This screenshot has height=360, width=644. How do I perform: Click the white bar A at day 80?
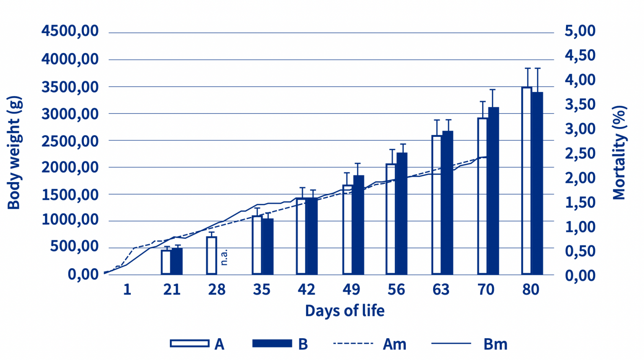[x=527, y=180]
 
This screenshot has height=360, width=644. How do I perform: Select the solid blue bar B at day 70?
[x=493, y=191]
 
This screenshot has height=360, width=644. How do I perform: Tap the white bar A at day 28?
[x=212, y=256]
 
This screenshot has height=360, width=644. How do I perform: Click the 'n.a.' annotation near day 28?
[x=224, y=257]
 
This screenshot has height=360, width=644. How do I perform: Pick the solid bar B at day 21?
[x=177, y=261]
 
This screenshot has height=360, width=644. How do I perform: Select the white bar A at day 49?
[x=347, y=230]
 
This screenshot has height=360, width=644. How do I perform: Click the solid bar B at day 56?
[x=402, y=214]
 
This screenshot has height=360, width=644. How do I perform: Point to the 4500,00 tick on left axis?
[x=70, y=31]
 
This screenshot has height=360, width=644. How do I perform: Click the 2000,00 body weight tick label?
[x=70, y=167]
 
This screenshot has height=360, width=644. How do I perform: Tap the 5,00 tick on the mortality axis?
[x=580, y=31]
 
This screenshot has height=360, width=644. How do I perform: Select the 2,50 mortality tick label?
[x=580, y=153]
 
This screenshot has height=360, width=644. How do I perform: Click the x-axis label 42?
[x=306, y=290]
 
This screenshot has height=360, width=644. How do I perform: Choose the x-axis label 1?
[x=127, y=290]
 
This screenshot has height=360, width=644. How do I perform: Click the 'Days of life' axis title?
[x=345, y=311]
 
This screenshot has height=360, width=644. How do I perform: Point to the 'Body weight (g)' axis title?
[x=14, y=153]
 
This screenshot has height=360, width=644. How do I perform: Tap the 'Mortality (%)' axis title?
[x=619, y=153]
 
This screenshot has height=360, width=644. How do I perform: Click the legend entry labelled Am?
[x=394, y=344]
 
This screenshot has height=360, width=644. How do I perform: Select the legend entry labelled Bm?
[x=495, y=344]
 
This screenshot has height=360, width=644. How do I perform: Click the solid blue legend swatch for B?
[x=272, y=343]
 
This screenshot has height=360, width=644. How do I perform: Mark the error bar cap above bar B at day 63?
[x=448, y=120]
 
